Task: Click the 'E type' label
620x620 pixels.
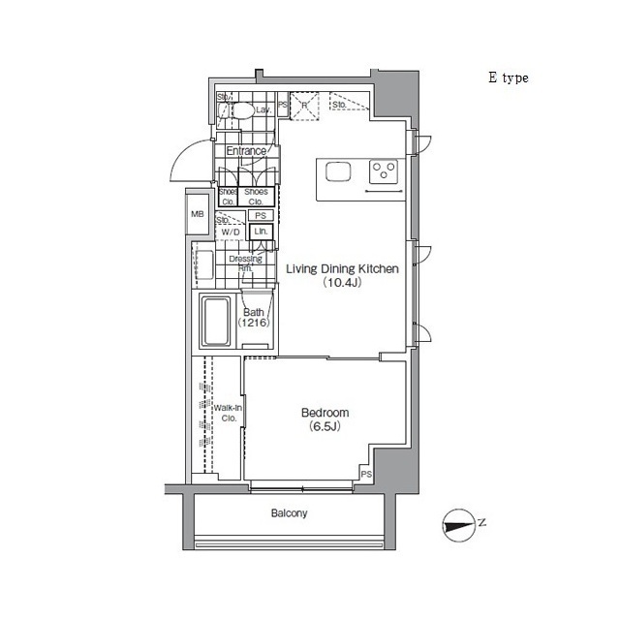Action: click(x=508, y=78)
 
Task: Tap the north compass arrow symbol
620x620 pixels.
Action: click(x=457, y=524)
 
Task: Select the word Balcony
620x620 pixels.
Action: click(x=288, y=513)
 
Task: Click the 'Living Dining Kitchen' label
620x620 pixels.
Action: click(x=341, y=270)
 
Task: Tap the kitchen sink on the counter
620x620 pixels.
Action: click(x=339, y=171)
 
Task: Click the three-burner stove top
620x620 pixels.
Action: click(x=385, y=171)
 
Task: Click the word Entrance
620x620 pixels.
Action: click(x=246, y=151)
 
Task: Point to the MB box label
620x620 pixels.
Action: click(x=198, y=214)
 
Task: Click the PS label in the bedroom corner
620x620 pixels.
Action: click(x=366, y=474)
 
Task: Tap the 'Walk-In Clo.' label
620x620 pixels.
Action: click(x=230, y=414)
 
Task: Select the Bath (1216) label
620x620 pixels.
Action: click(x=253, y=318)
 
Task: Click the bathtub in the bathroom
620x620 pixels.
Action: click(x=215, y=323)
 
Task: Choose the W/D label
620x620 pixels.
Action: click(x=231, y=232)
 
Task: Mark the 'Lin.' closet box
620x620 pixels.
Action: click(x=260, y=232)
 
